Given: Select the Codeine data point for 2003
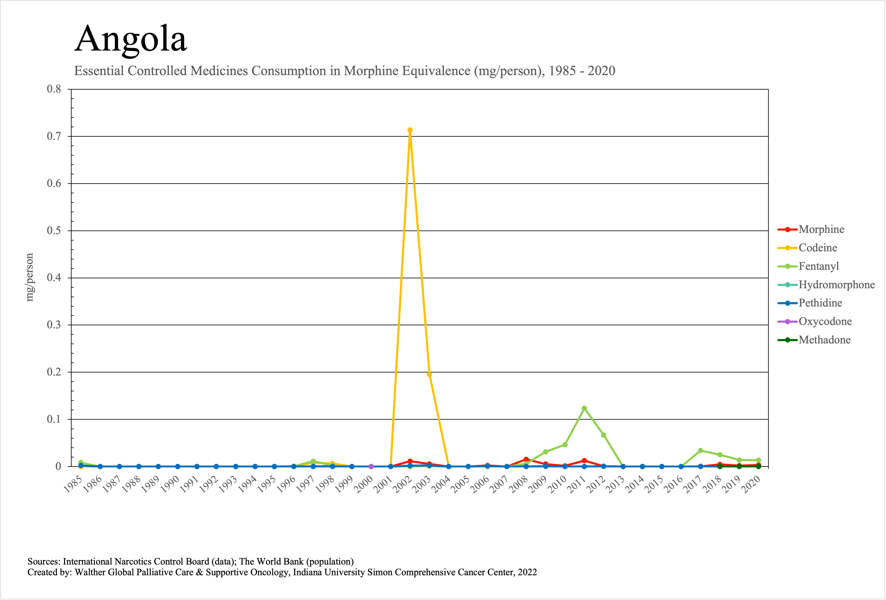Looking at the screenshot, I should (x=429, y=374).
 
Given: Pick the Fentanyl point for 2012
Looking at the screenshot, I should (x=603, y=435).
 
